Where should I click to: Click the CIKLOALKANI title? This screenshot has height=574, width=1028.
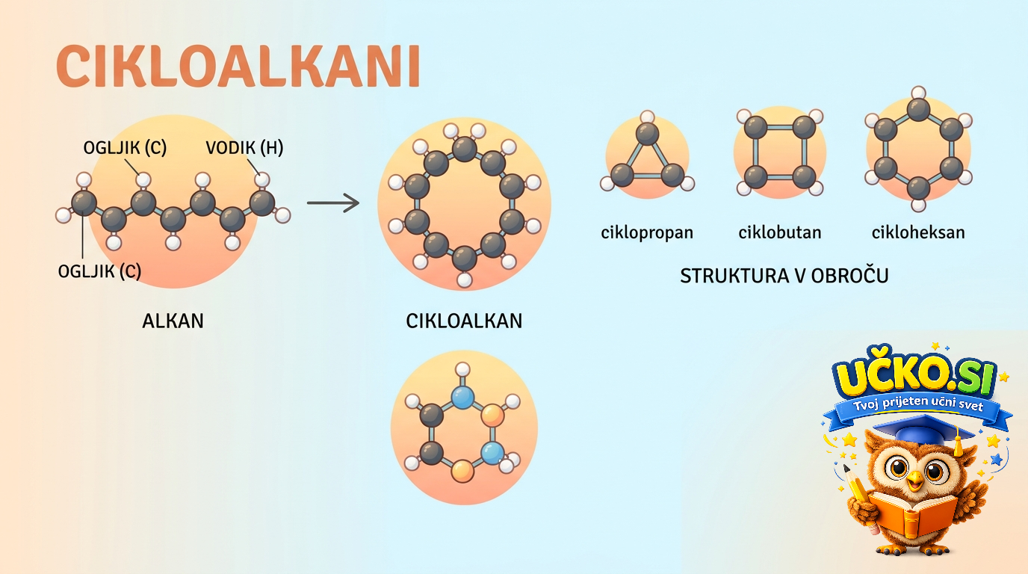point(238,66)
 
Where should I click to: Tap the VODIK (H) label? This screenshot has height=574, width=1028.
point(244,148)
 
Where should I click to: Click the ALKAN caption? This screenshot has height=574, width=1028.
point(173,321)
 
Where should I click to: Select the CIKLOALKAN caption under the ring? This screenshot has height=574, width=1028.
point(464,321)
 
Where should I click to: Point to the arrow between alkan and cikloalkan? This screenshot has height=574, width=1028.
point(333,203)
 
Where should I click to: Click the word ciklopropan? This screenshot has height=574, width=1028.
point(647,233)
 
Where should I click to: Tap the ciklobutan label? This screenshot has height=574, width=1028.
point(780,232)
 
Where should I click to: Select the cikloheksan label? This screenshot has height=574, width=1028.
point(918,232)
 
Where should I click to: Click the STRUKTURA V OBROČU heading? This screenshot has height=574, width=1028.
point(784,276)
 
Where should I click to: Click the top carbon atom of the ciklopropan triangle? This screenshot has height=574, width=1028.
point(648,134)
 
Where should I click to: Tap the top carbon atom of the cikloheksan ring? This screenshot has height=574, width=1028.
point(918,110)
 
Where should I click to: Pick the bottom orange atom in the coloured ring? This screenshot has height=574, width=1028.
point(462,471)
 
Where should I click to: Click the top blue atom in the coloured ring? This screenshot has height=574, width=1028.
point(462,397)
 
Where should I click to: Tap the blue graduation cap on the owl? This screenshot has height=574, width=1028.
point(923,430)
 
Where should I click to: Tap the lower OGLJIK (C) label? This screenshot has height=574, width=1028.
point(99,271)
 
